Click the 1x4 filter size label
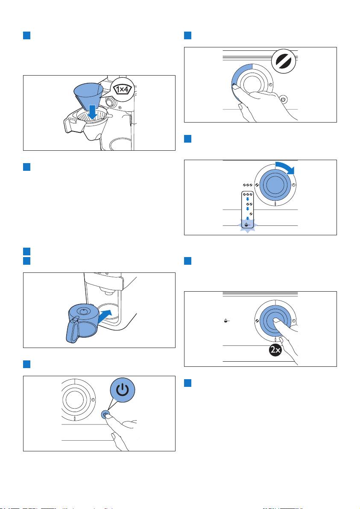122,89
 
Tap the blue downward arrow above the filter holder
93,112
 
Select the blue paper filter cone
88,94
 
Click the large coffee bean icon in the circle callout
284,61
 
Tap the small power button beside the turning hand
284,99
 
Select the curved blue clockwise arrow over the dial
285,167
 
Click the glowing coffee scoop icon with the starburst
247,224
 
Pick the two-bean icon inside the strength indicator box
249,204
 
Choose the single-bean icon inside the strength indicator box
251,214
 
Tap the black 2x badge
275,351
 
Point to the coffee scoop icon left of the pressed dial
227,321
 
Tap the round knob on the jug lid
84,311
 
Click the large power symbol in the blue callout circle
123,390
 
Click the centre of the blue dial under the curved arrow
275,185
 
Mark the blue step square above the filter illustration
26,35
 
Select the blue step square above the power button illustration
26,364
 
